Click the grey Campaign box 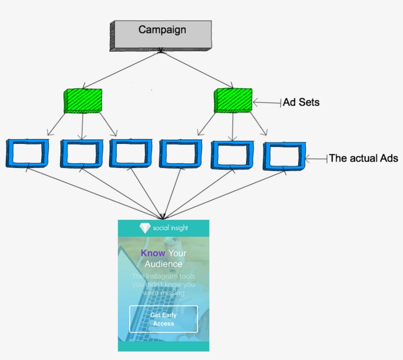[x=161, y=35]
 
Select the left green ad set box [x=83, y=101]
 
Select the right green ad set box [x=233, y=100]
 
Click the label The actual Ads [x=363, y=158]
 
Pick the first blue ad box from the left [x=28, y=154]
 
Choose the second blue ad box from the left [x=81, y=154]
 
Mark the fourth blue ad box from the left [x=180, y=154]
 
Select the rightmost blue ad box [x=284, y=156]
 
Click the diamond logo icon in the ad [x=145, y=228]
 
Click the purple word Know [x=153, y=253]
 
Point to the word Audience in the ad [x=163, y=264]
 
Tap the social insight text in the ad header [x=171, y=228]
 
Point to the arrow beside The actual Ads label [x=316, y=159]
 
